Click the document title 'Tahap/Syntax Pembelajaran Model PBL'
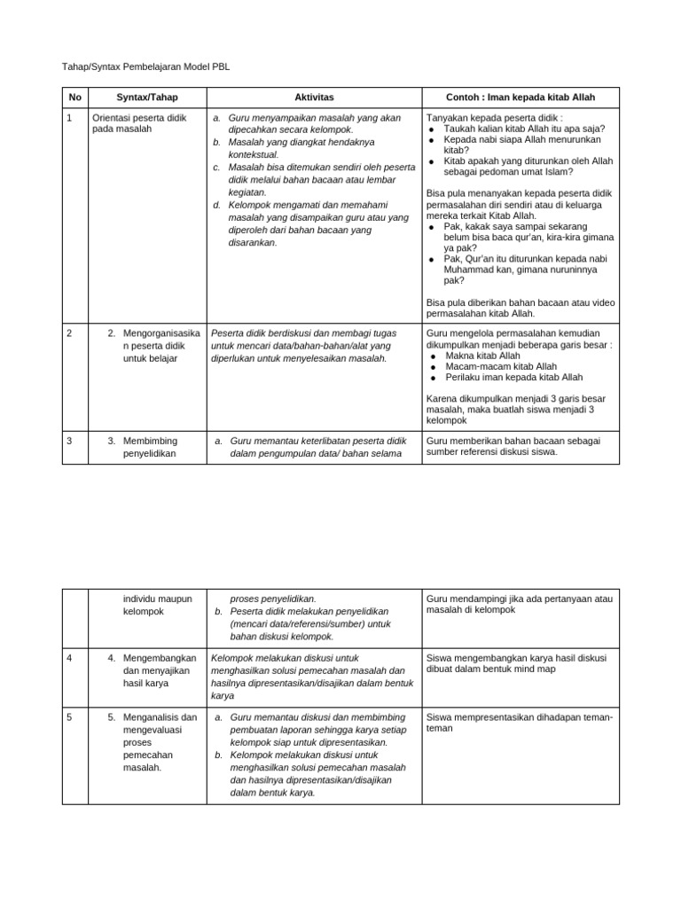click(145, 67)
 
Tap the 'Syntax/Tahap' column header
click(145, 97)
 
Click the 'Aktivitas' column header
click(314, 97)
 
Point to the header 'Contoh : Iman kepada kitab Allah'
click(520, 97)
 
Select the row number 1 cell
click(70, 117)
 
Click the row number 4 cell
click(70, 658)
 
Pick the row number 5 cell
click(70, 717)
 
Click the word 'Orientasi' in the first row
click(113, 117)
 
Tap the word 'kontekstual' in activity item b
click(252, 154)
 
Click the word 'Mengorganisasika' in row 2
click(161, 333)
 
